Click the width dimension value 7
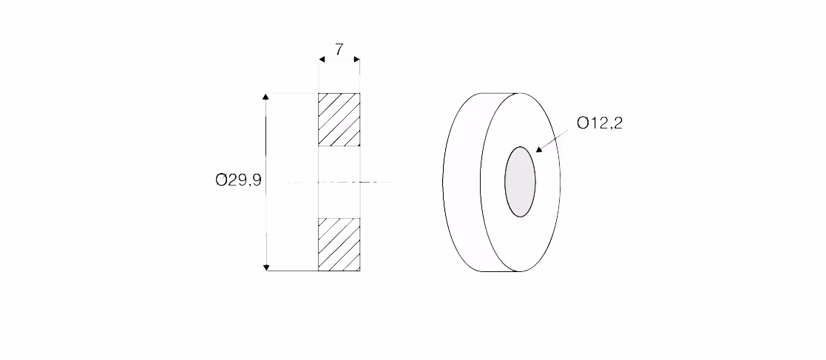tap(339, 50)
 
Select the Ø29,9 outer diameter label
tap(238, 180)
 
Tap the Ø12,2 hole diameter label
tap(600, 123)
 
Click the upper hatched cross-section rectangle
tap(339, 120)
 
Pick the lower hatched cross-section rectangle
tap(339, 244)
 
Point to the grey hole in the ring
tap(520, 182)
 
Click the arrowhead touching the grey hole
tap(539, 149)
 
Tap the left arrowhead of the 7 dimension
tap(322, 59)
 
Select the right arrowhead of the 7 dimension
tap(356, 59)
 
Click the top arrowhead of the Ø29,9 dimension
tap(266, 96)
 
